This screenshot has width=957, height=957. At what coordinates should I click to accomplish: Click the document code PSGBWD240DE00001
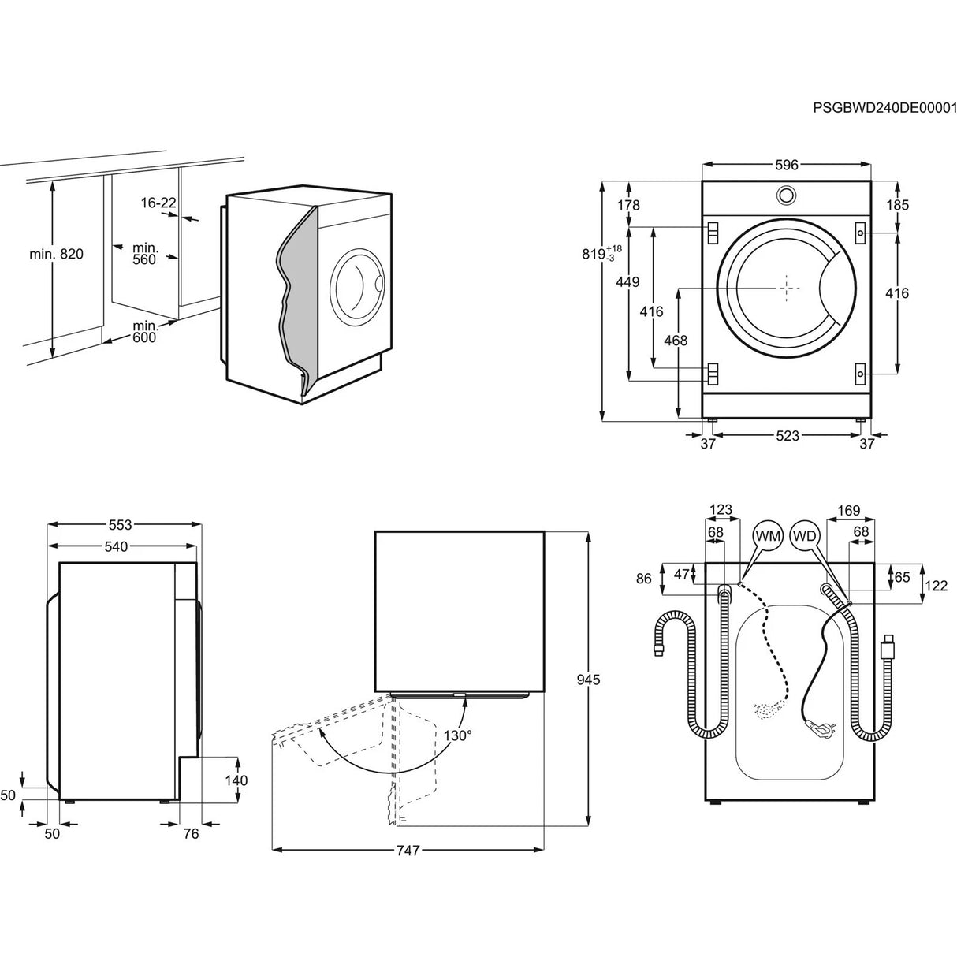tap(884, 108)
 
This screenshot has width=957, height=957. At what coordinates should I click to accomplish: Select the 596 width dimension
tap(786, 165)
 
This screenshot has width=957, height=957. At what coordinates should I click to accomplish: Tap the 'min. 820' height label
tap(56, 254)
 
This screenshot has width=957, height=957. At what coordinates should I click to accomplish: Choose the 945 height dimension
tap(588, 679)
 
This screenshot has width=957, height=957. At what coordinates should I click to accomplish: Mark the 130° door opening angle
tap(457, 735)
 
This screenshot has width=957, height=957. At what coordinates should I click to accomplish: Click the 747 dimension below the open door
tap(408, 850)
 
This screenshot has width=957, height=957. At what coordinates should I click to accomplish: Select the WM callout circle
tap(768, 536)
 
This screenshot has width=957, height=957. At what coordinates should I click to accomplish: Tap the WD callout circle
tap(805, 536)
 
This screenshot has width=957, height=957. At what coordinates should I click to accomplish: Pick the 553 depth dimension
tap(121, 524)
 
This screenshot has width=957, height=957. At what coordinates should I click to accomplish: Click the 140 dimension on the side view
tap(236, 780)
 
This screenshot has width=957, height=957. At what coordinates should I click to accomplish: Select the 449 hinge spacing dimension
tap(628, 282)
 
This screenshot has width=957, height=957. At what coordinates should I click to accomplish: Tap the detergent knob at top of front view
tap(786, 194)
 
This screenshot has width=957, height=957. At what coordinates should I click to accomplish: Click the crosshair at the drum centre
tap(787, 289)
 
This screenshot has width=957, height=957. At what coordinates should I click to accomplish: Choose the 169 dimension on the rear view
tap(849, 511)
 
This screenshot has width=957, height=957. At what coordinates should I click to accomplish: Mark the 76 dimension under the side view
tap(190, 834)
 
